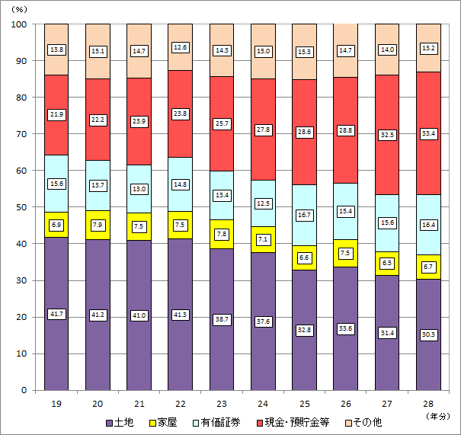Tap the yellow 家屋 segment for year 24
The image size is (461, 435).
(263, 239)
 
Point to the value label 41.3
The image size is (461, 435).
(180, 314)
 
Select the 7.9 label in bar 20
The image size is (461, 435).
(98, 225)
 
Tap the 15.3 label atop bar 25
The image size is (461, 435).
(304, 51)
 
